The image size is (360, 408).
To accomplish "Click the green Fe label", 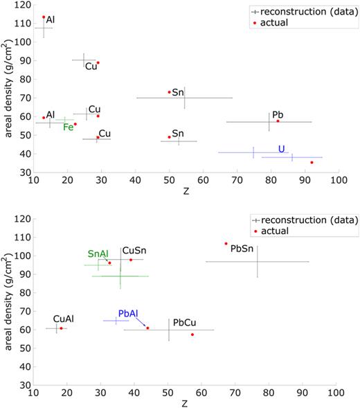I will tap(68, 127).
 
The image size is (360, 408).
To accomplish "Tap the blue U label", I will tap(281, 148).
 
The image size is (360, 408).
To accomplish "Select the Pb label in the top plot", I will tap(277, 114).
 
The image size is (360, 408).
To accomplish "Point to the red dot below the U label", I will tap(312, 162).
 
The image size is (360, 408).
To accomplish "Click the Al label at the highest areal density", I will tap(51, 20).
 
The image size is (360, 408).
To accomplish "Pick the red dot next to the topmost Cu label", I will tap(98, 63).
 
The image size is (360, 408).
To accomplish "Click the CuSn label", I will tap(134, 251).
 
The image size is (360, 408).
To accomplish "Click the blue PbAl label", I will tap(128, 314).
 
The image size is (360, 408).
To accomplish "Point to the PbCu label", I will tap(184, 323).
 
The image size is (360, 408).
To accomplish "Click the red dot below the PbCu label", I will tap(192, 335).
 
